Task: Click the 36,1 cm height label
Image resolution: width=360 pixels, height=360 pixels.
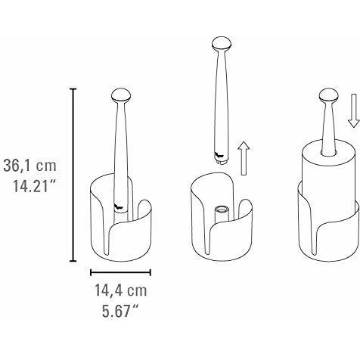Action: pos(30,166)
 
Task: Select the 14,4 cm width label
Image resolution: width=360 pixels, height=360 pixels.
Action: pos(120,290)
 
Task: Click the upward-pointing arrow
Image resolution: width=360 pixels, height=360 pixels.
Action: pos(244,158)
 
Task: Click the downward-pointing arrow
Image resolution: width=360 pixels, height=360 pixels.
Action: pos(353,110)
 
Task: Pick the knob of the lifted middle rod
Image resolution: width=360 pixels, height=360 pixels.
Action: pos(222,44)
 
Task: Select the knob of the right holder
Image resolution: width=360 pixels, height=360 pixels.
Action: pos(329,95)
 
